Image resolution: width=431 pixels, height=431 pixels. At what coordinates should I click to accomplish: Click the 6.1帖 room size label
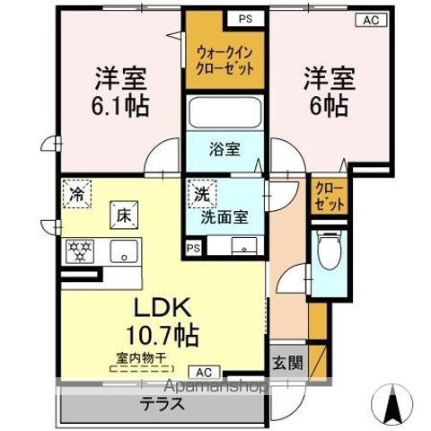click(119, 104)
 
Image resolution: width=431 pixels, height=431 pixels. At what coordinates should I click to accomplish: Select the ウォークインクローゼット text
click(225, 60)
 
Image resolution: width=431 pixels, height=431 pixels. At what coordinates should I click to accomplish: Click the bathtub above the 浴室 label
click(225, 113)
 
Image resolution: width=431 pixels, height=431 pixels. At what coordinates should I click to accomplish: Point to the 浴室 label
click(225, 149)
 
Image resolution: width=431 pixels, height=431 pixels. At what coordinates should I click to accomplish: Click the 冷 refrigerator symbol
click(77, 193)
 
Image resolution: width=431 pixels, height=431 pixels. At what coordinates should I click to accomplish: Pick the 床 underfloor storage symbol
click(123, 215)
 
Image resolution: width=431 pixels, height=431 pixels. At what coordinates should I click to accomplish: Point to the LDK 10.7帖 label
click(163, 321)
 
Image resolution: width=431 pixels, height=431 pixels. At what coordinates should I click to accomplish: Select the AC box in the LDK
click(202, 372)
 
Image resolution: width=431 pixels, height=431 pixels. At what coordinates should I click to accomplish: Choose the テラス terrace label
click(162, 404)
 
